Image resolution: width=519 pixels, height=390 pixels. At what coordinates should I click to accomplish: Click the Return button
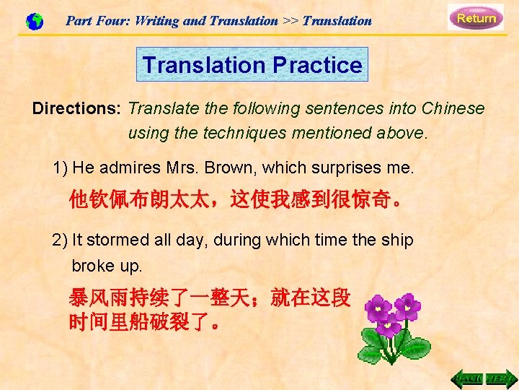tap(476, 17)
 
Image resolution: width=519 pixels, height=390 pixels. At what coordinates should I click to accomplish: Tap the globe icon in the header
tap(34, 22)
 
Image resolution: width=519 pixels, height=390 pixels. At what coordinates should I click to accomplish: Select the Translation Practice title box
tap(252, 65)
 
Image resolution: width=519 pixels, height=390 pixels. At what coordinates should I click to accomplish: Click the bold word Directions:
tap(77, 108)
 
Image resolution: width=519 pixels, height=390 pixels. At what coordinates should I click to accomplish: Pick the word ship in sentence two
tap(397, 240)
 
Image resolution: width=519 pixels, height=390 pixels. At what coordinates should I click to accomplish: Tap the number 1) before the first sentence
tap(61, 168)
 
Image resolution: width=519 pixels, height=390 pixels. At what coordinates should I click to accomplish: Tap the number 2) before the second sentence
tap(61, 240)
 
